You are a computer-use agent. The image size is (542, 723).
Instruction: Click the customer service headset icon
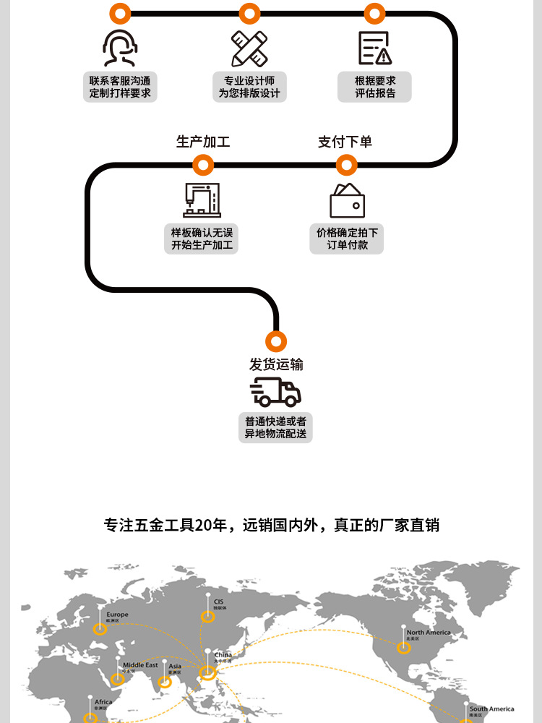coord(120,48)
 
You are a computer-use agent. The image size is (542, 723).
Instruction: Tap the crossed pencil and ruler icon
coord(249,48)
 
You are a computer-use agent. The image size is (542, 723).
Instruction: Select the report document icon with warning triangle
coord(374,48)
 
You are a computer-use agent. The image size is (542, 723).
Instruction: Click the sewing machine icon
coord(202,200)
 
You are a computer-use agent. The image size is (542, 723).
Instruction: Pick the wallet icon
coord(347,201)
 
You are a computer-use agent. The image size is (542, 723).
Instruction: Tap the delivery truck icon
coord(275,392)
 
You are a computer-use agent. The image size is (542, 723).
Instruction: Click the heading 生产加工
coord(203,142)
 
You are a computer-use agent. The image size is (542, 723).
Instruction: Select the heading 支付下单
coord(345,142)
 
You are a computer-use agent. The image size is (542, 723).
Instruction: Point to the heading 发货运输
coord(276,364)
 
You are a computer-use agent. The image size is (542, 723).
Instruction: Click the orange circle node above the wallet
coord(347,166)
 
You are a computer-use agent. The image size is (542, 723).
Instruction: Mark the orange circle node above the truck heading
coord(276,341)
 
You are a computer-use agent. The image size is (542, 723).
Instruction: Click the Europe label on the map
coord(117,615)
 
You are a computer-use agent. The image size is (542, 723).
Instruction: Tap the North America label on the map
coord(428,633)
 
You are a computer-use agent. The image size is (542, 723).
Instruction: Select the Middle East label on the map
coord(139,665)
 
